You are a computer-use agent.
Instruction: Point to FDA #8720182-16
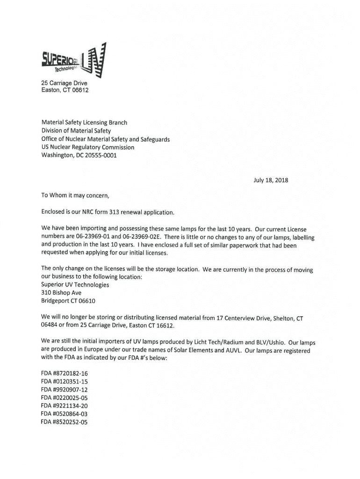[65, 373]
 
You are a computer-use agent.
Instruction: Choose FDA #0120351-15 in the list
[65, 381]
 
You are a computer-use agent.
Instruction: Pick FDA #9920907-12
[65, 390]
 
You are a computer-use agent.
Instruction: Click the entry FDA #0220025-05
[65, 398]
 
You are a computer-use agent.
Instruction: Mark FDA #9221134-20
[65, 406]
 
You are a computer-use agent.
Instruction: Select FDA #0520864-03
[65, 414]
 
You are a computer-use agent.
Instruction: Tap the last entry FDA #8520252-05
[65, 422]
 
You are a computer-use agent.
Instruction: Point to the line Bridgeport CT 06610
[68, 301]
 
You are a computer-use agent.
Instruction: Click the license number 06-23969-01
[91, 237]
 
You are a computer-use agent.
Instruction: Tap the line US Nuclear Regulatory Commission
[87, 147]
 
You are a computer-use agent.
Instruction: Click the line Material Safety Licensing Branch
[84, 123]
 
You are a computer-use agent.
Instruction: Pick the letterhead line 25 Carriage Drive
[64, 83]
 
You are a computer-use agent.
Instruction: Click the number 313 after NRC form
[115, 212]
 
